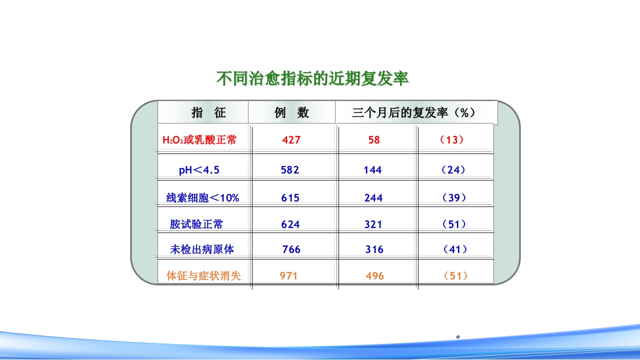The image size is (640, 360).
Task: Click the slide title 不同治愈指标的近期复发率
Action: pyautogui.click(x=312, y=79)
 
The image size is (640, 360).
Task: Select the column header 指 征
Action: pyautogui.click(x=209, y=112)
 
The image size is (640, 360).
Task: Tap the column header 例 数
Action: pyautogui.click(x=291, y=112)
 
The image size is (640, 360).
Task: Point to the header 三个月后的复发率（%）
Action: pyautogui.click(x=413, y=112)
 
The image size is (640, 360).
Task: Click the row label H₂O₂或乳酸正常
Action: pyautogui.click(x=199, y=140)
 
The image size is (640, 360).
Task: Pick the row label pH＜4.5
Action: pyautogui.click(x=199, y=170)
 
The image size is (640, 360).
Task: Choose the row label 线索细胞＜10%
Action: pyautogui.click(x=202, y=198)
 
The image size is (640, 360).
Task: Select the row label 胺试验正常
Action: pyautogui.click(x=196, y=224)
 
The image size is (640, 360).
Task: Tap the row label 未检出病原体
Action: pyautogui.click(x=201, y=249)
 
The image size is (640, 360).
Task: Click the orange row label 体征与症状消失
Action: pyautogui.click(x=203, y=275)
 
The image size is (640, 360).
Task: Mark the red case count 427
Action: pyautogui.click(x=291, y=140)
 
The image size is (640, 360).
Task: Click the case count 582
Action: pyautogui.click(x=290, y=170)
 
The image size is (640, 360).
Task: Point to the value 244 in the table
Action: pyautogui.click(x=373, y=198)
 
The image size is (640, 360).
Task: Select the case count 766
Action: pyautogui.click(x=291, y=249)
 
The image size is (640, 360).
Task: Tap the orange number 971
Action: pyautogui.click(x=288, y=275)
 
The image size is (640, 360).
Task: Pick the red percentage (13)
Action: pyautogui.click(x=452, y=140)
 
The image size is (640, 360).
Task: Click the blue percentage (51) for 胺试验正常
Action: pyautogui.click(x=454, y=224)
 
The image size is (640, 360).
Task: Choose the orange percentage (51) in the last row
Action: pyautogui.click(x=455, y=275)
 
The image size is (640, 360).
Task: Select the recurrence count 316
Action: pyautogui.click(x=374, y=249)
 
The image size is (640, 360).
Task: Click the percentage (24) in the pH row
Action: pyautogui.click(x=453, y=170)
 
